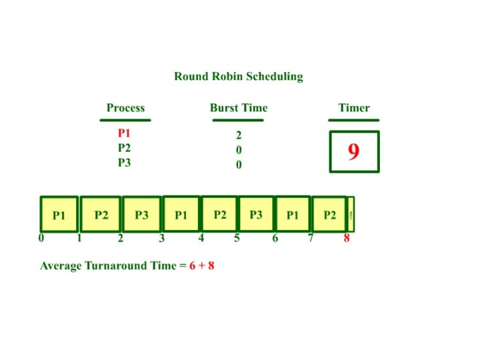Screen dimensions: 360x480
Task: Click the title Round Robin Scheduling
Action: tap(239, 76)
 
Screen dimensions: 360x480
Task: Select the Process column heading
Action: tap(125, 108)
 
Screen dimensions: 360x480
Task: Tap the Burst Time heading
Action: tap(239, 108)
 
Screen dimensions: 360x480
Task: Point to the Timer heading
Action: tap(353, 108)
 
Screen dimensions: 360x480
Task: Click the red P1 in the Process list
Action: tap(124, 134)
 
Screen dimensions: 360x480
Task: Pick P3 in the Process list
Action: tap(124, 163)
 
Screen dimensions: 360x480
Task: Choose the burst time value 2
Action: tap(239, 135)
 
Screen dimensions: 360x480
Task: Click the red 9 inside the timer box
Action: tap(353, 152)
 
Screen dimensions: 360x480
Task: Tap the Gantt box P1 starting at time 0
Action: tap(59, 215)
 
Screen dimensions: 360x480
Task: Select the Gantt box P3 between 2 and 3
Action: tap(141, 215)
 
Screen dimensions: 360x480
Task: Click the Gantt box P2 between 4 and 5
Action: tap(220, 215)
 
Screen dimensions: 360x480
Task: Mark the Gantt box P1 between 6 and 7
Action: tap(292, 215)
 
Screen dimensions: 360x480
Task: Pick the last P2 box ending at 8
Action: tap(330, 215)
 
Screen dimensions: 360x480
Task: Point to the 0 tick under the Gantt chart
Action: tap(41, 238)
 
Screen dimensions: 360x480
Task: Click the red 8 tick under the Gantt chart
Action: tap(347, 238)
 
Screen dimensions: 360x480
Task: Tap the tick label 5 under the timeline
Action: tap(237, 238)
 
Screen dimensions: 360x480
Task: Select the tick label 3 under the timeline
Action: tap(161, 238)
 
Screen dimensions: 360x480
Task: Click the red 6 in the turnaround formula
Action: tap(192, 266)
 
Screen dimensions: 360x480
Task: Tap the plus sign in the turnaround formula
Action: tap(201, 266)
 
